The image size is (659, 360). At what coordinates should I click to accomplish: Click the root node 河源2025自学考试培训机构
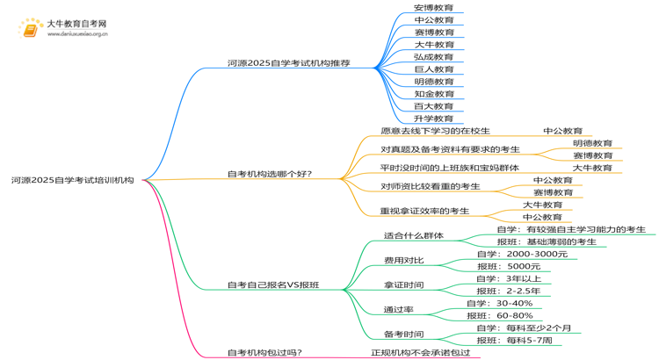point(73,180)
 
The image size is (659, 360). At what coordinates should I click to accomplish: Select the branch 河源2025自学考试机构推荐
point(288,63)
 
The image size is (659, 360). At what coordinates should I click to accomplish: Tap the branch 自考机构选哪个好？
point(270,174)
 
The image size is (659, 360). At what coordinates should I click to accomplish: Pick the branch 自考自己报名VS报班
point(273,284)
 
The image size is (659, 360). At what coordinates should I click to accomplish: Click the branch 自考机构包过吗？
point(264,352)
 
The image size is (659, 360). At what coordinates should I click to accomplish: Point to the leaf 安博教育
point(434,8)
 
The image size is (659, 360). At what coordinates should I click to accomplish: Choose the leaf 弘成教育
point(434,57)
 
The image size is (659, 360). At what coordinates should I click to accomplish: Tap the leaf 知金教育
point(434,94)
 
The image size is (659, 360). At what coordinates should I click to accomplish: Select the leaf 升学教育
point(434,119)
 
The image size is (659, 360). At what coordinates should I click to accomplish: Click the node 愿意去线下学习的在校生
point(435,131)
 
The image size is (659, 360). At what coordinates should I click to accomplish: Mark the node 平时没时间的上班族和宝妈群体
point(449,168)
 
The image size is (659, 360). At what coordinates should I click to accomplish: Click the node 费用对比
point(403,260)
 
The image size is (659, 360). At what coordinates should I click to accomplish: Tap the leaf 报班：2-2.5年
point(509,291)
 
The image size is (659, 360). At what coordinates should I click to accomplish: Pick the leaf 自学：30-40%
point(504,303)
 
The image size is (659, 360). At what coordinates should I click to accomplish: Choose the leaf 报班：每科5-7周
point(514,340)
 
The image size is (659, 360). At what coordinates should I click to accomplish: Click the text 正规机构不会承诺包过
point(420,352)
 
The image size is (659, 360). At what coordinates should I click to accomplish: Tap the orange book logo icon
point(31,29)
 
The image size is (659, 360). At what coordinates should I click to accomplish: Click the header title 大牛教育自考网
point(76,24)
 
